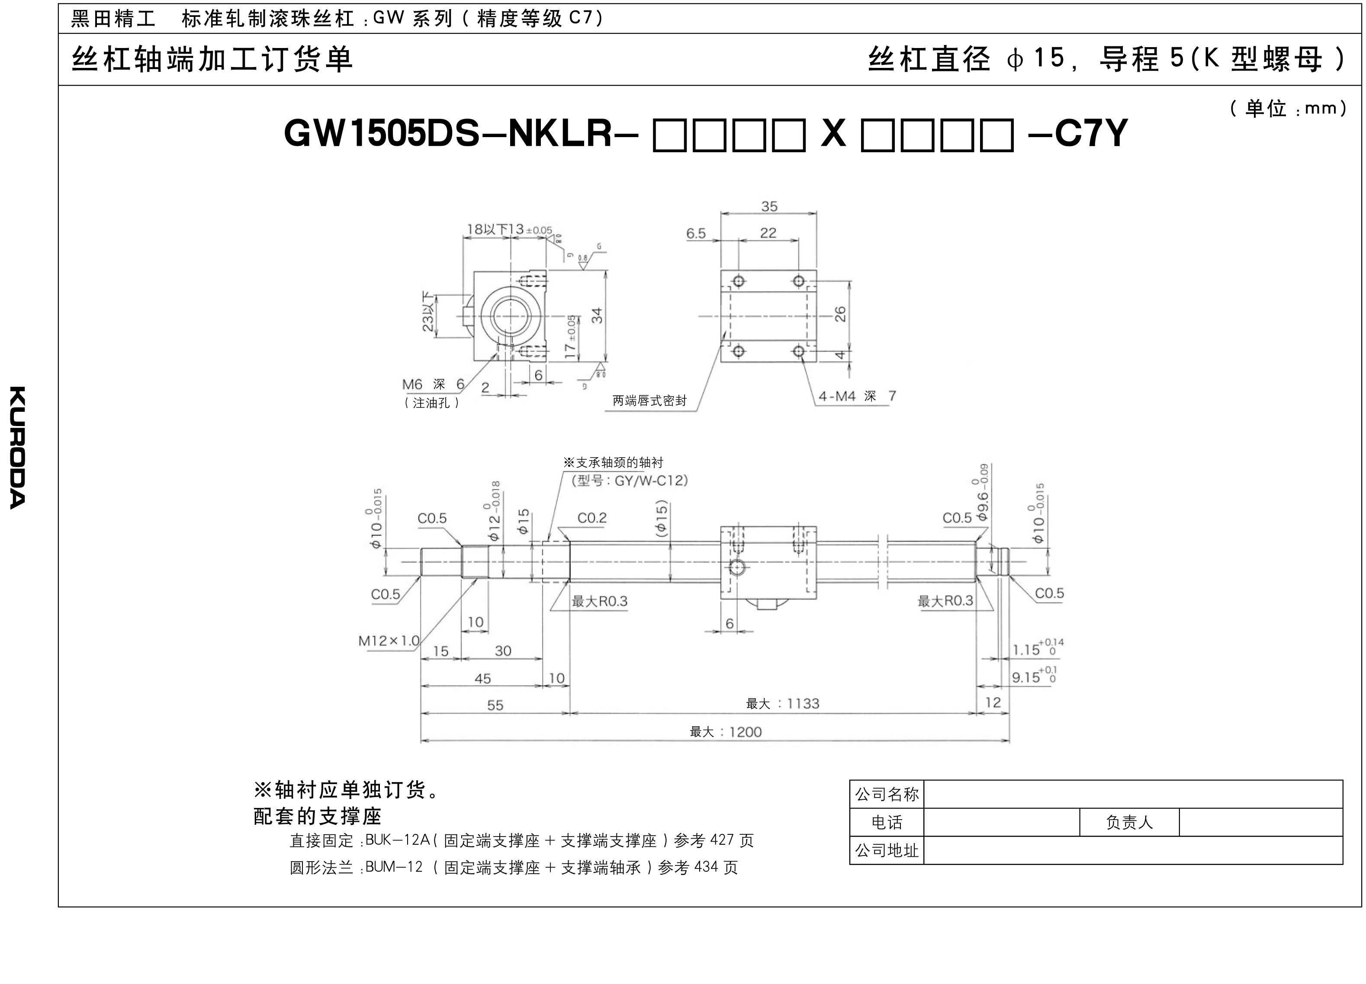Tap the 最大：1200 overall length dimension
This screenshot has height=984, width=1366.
pyautogui.click(x=726, y=732)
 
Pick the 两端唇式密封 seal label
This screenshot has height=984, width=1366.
pyautogui.click(x=649, y=401)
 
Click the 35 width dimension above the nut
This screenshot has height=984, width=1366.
pyautogui.click(x=769, y=207)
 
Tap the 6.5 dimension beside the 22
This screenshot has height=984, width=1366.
pyautogui.click(x=696, y=234)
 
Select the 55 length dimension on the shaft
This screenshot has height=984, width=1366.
pyautogui.click(x=495, y=705)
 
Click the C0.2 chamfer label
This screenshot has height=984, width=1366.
pyautogui.click(x=592, y=518)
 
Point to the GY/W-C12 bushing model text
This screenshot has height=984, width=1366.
pyautogui.click(x=650, y=481)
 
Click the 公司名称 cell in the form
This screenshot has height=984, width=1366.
pyautogui.click(x=887, y=794)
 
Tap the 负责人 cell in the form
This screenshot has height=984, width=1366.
pyautogui.click(x=1129, y=823)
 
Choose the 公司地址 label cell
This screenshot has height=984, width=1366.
pyautogui.click(x=887, y=850)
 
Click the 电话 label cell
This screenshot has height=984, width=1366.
pyautogui.click(x=887, y=823)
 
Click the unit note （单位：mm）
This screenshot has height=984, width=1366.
pyautogui.click(x=1288, y=109)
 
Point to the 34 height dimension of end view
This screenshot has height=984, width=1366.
pyautogui.click(x=597, y=315)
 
